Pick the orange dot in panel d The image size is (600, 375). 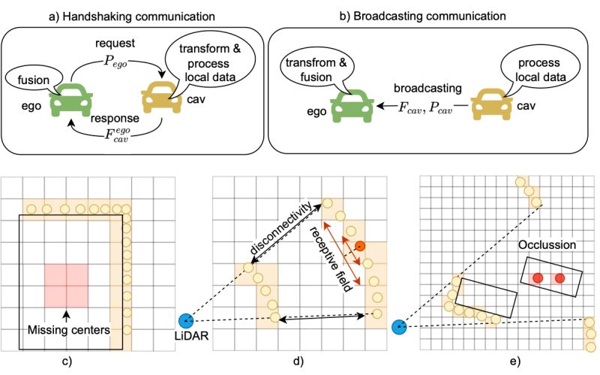(361, 245)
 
